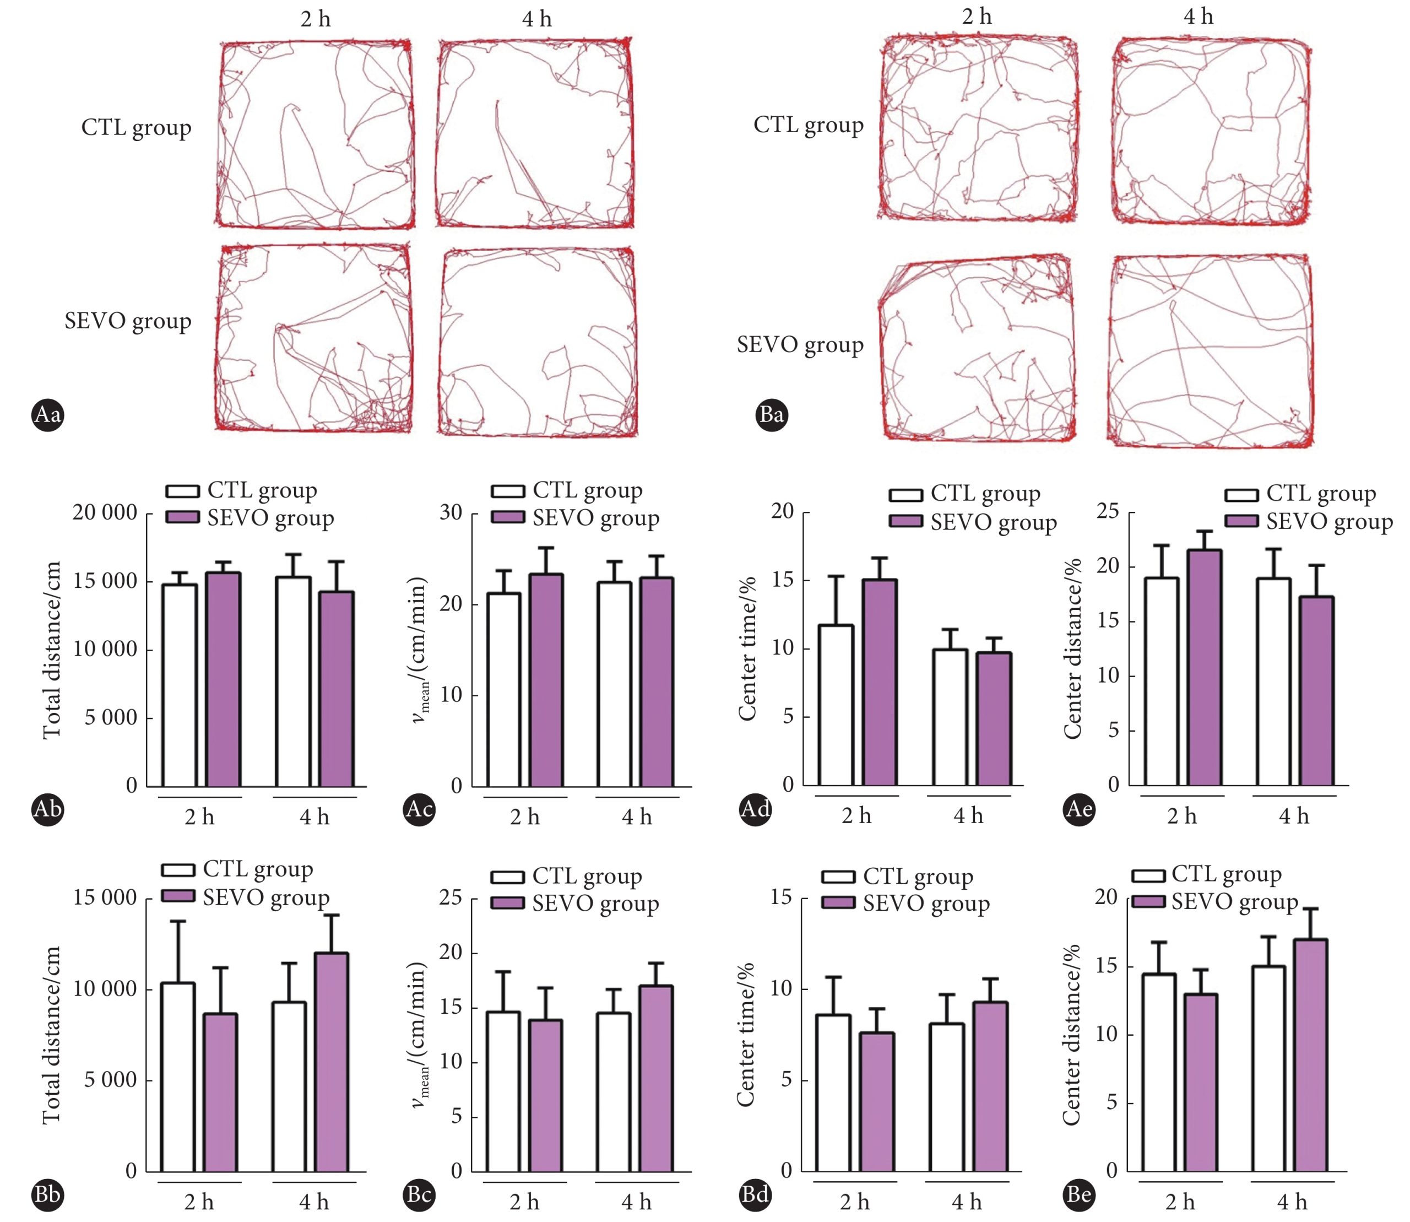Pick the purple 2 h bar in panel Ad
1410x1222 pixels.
(x=880, y=683)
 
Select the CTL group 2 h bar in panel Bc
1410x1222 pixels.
(x=503, y=1091)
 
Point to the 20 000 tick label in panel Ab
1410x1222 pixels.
(x=104, y=512)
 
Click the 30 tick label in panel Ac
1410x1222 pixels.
(x=451, y=512)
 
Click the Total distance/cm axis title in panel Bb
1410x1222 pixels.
(x=52, y=1035)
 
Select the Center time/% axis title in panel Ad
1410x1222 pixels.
(x=748, y=648)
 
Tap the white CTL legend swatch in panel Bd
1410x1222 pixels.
(x=839, y=876)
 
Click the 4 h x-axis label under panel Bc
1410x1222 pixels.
(x=636, y=1202)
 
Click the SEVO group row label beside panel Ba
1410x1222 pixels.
(x=800, y=345)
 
